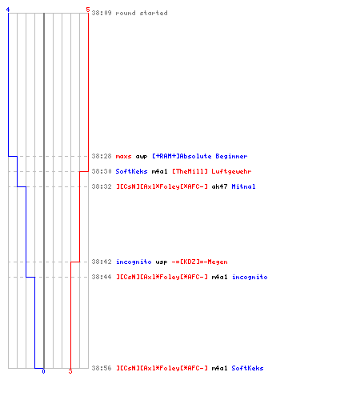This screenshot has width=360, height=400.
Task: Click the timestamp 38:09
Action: click(x=102, y=13)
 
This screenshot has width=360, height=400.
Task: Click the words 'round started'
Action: click(x=142, y=13)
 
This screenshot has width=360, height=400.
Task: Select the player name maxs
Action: click(x=123, y=156)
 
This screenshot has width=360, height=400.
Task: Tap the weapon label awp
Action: click(x=142, y=157)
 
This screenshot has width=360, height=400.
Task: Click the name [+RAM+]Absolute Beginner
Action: click(x=200, y=156)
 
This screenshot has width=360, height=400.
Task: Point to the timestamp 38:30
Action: click(x=102, y=171)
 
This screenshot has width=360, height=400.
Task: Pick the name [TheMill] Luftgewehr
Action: click(x=212, y=171)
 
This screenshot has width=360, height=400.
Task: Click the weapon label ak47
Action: click(x=219, y=186)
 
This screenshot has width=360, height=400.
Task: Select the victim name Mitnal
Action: click(x=243, y=186)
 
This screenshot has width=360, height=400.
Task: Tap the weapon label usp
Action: click(x=162, y=262)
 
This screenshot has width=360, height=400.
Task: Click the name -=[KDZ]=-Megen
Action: click(x=200, y=262)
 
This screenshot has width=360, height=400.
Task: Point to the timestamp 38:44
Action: click(x=102, y=277)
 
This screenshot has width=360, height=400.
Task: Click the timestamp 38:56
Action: click(x=102, y=368)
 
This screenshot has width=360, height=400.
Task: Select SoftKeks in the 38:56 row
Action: click(x=247, y=368)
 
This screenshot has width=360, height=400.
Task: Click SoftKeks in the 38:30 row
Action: click(x=131, y=171)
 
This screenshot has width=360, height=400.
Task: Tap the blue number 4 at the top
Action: click(x=8, y=10)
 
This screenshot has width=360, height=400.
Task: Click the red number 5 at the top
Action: click(x=88, y=10)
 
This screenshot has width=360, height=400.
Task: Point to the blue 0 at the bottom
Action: click(x=43, y=371)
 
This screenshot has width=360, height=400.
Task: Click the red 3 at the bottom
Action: click(x=70, y=371)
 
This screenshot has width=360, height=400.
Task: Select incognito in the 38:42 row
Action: click(x=134, y=262)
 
